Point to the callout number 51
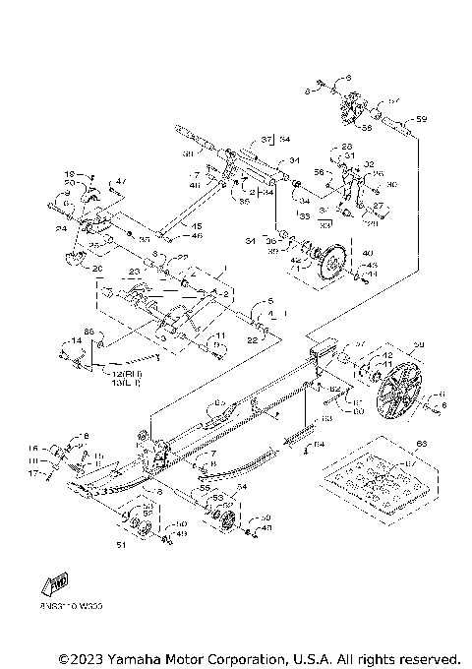122,542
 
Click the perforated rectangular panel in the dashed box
363,480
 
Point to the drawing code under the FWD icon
65,607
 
